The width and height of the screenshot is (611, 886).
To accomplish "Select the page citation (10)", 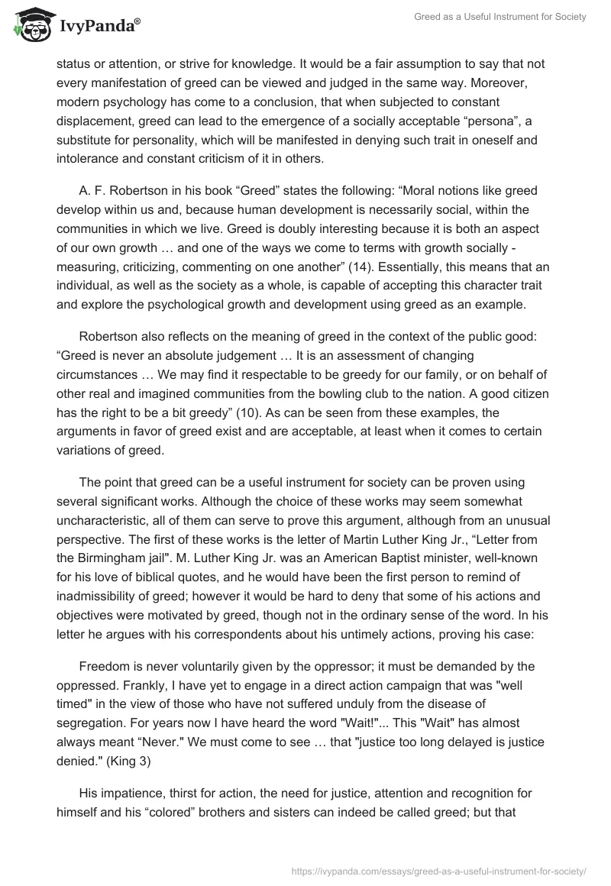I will coord(250,413).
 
